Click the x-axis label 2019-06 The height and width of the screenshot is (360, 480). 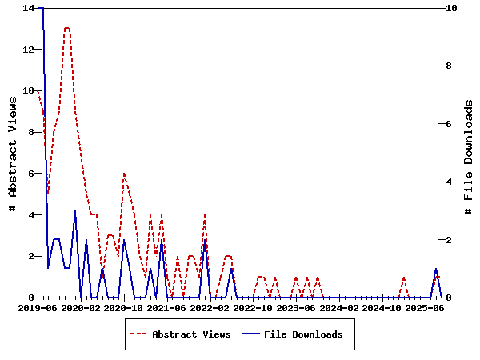pos(38,307)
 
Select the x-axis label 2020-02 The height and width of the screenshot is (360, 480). pos(82,307)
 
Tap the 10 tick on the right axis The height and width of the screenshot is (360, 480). pos(453,8)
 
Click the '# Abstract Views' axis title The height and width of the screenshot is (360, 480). pos(13,153)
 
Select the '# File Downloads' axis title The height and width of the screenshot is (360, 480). pos(468,153)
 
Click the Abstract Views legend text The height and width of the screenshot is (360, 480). pos(191,334)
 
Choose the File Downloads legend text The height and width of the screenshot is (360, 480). pos(303,334)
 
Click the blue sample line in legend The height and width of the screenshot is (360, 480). pos(251,334)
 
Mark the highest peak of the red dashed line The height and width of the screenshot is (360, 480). pos(67,28)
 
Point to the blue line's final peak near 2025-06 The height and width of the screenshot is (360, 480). pos(436,269)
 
